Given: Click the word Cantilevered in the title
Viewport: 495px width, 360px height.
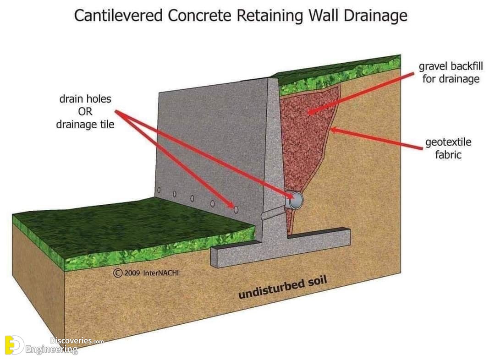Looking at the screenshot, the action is coord(118,16).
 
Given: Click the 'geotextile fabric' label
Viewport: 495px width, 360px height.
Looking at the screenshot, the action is coord(448,148).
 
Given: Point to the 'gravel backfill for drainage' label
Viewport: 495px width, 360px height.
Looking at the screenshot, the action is coord(451,72).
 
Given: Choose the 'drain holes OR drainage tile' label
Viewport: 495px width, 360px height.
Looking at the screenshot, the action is coord(85,111).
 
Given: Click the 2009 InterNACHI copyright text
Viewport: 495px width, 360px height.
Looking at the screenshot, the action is coord(146,273).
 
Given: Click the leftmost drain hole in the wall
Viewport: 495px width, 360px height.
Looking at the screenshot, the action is coord(159,190).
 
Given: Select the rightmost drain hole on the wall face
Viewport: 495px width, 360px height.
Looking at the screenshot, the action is coord(236,209).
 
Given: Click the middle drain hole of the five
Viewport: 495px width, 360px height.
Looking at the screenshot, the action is coord(192,198).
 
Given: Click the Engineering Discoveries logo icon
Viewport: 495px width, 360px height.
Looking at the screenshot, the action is coord(14,345).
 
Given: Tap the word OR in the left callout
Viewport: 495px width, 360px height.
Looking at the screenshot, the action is coord(85,111).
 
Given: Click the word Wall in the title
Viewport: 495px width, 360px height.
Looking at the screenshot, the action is coord(323,16).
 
